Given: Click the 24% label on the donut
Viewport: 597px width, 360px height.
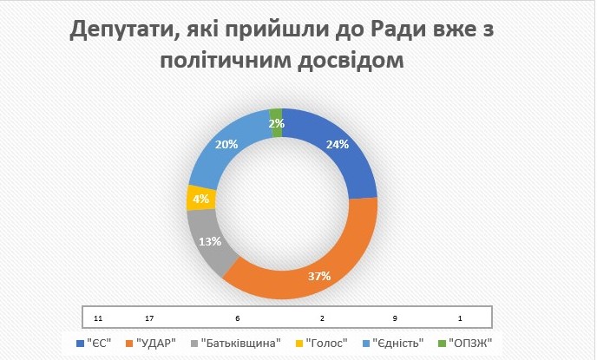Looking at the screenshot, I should click(337, 145).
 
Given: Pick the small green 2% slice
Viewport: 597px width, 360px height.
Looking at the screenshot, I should click(276, 122).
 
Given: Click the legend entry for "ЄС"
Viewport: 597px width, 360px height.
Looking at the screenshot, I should click(96, 343).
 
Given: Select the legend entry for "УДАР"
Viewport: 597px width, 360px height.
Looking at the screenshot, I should click(156, 343).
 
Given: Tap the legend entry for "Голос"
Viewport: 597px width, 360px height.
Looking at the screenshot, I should click(327, 343).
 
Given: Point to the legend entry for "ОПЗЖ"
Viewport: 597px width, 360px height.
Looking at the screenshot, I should click(472, 343).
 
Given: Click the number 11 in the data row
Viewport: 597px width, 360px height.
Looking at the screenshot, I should click(98, 317).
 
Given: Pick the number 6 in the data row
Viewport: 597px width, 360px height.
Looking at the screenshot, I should click(236, 317).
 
